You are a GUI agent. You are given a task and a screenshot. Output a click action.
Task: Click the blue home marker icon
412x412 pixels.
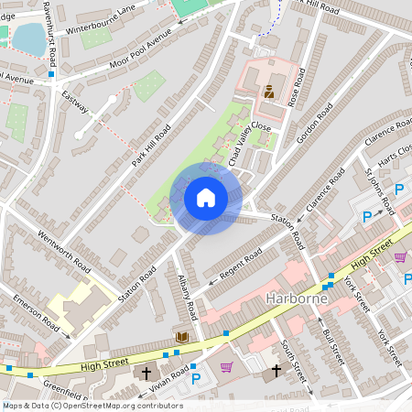click(206, 198)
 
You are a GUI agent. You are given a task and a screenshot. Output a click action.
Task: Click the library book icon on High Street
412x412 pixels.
click(181, 338)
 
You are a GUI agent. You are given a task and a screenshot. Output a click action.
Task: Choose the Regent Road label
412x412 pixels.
click(239, 262)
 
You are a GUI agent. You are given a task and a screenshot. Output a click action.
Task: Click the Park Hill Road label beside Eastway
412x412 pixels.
click(151, 146)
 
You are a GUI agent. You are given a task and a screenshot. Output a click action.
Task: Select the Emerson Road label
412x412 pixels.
click(36, 314)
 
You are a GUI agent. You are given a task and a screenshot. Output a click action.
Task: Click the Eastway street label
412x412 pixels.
click(75, 100)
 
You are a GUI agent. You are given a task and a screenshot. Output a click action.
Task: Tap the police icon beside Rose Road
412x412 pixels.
click(269, 92)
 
